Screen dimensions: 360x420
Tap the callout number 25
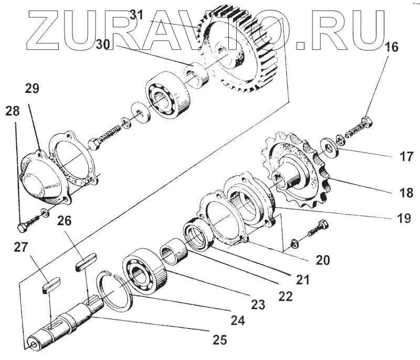tap(220, 340)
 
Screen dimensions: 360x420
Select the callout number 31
tap(136, 15)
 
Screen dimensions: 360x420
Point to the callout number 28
tap(13, 111)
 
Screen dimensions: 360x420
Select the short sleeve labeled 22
tap(175, 247)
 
